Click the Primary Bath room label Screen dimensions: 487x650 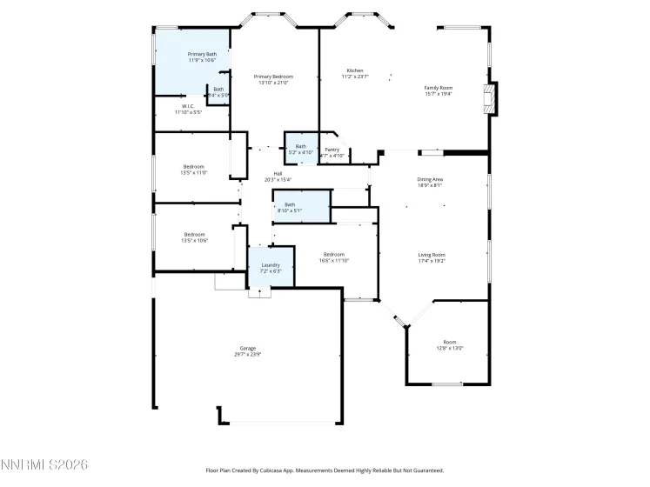coord(202,54)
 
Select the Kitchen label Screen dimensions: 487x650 coord(355,70)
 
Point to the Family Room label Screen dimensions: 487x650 coord(439,88)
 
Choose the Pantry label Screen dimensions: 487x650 coord(332,150)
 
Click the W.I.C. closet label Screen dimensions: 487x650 coord(187,106)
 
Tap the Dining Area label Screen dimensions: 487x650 coord(430,179)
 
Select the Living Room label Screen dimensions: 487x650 coord(432,254)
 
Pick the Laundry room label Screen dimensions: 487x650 coord(271,265)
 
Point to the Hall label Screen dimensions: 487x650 coord(278,173)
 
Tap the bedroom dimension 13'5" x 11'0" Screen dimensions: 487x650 coord(193,172)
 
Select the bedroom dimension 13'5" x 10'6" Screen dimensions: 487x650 coord(194,240)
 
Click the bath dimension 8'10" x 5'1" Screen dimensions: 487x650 coord(290,210)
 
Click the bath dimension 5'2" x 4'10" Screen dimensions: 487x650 coord(300,152)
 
